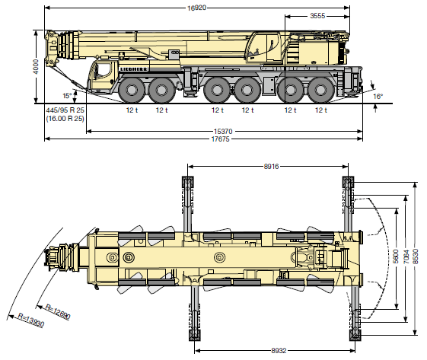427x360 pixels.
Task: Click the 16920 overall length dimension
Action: click(196, 8)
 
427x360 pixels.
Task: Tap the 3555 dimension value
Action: click(317, 16)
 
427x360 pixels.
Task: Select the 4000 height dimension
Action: click(36, 66)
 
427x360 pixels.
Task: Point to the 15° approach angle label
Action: click(67, 96)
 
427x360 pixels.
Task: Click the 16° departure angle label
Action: click(378, 96)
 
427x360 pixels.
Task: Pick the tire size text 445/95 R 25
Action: click(65, 110)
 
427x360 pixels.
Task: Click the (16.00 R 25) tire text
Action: click(65, 119)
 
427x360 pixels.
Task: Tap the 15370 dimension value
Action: click(223, 132)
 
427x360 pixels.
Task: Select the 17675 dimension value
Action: click(221, 139)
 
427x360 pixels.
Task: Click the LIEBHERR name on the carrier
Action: click(134, 69)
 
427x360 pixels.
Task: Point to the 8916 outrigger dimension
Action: click(271, 167)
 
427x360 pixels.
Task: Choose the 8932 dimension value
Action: click(279, 350)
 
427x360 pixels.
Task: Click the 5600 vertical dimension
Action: click(396, 256)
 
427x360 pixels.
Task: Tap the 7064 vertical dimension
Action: click(406, 256)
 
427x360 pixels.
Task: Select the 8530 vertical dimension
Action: click(416, 256)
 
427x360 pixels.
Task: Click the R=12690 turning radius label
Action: click(58, 311)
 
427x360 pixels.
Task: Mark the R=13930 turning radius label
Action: click(30, 320)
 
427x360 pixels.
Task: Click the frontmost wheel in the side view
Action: click(132, 90)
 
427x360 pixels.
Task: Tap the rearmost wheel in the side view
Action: click(320, 90)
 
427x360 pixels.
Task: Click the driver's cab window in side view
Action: click(103, 70)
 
